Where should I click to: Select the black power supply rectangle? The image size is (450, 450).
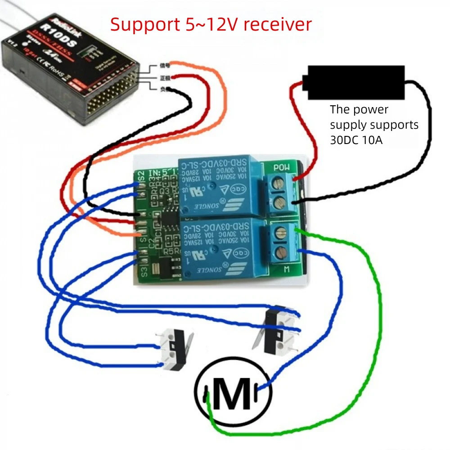355,82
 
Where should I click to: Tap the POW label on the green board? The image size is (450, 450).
282,168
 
